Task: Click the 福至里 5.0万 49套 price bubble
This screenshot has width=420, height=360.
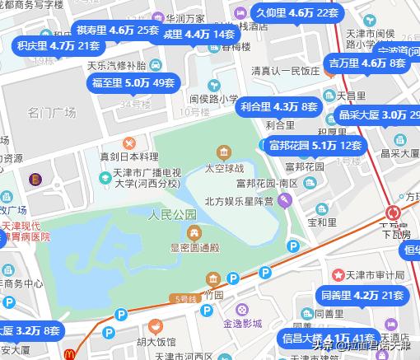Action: click(x=132, y=83)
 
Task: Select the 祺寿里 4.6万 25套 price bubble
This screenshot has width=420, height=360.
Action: click(x=117, y=30)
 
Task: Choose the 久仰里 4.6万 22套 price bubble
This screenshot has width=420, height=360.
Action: click(x=296, y=13)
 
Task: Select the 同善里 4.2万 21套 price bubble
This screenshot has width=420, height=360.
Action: click(x=362, y=295)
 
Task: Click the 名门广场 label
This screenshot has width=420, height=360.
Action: click(x=51, y=112)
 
